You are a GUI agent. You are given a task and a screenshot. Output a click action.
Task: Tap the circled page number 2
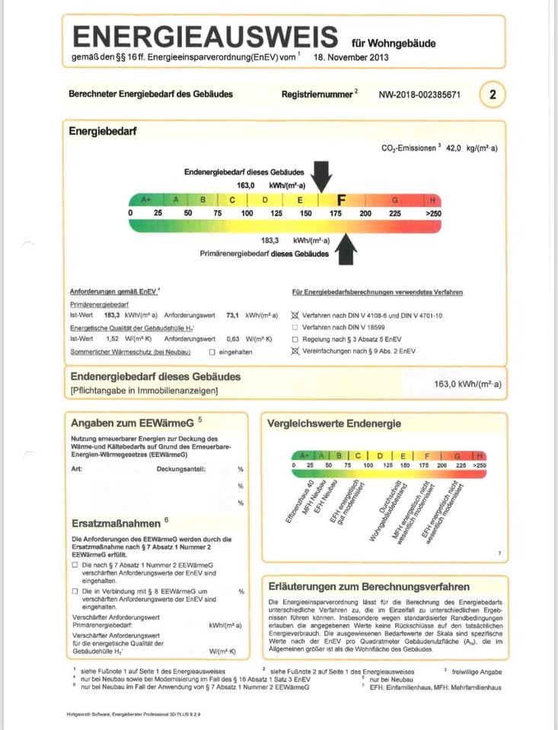click(x=493, y=95)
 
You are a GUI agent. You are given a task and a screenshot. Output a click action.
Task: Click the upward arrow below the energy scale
click(x=346, y=249)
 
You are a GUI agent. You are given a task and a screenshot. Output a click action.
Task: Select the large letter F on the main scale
click(x=342, y=200)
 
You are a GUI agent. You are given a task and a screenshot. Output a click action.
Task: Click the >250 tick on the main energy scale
click(x=433, y=214)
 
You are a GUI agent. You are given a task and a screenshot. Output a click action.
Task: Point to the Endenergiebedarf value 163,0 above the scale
click(x=246, y=185)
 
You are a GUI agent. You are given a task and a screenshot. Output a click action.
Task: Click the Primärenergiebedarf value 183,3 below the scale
click(x=270, y=240)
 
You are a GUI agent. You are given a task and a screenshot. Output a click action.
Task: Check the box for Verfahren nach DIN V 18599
click(x=295, y=326)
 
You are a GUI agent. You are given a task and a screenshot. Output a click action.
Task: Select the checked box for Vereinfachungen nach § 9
click(x=295, y=351)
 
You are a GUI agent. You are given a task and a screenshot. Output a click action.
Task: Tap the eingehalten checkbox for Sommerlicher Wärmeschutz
click(x=212, y=352)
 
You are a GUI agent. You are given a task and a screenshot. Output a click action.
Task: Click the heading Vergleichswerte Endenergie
click(x=333, y=424)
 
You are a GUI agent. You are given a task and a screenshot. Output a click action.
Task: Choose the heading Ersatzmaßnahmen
click(x=116, y=523)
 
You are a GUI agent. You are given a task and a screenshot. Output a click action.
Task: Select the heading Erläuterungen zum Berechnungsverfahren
click(x=369, y=586)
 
